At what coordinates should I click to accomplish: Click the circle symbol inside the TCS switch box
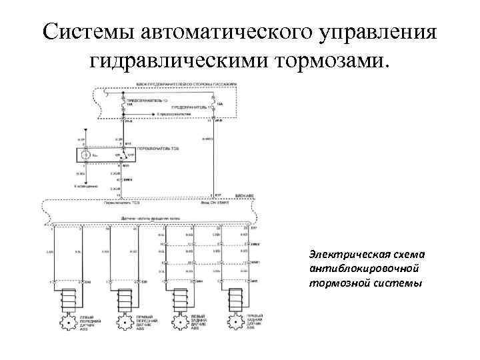click(85, 155)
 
